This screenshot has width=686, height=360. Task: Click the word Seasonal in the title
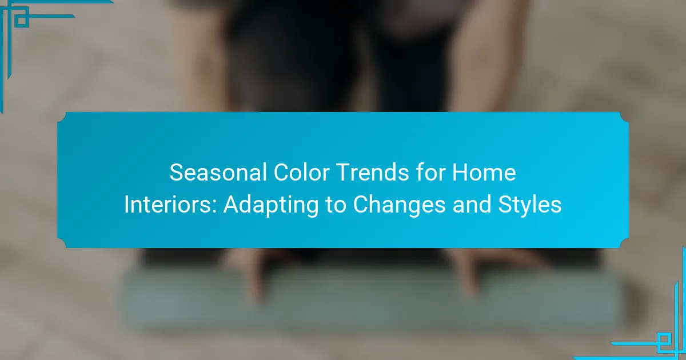pyautogui.click(x=218, y=173)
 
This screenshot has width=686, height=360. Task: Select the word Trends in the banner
pyautogui.click(x=373, y=173)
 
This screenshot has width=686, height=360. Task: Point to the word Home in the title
pyautogui.click(x=484, y=173)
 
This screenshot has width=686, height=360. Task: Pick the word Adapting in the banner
pyautogui.click(x=271, y=206)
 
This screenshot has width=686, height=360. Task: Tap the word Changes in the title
pyautogui.click(x=399, y=206)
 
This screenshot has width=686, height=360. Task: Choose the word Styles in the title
pyautogui.click(x=530, y=206)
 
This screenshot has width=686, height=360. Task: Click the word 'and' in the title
pyautogui.click(x=472, y=205)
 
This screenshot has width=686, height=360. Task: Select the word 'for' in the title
pyautogui.click(x=430, y=173)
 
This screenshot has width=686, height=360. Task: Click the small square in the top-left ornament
pyautogui.click(x=22, y=21)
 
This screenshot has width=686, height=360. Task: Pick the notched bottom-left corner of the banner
pyautogui.click(x=63, y=242)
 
